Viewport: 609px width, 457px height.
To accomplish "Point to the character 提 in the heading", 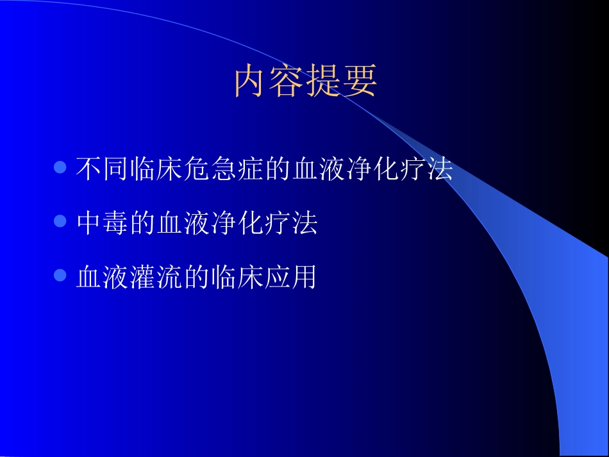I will click(323, 81).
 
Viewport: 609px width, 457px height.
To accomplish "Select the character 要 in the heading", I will click(359, 81).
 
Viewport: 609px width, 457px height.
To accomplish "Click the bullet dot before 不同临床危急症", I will click(61, 168).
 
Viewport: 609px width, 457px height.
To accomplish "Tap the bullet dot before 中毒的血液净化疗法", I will click(61, 222).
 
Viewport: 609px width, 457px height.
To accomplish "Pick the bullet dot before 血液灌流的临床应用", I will click(61, 276).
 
